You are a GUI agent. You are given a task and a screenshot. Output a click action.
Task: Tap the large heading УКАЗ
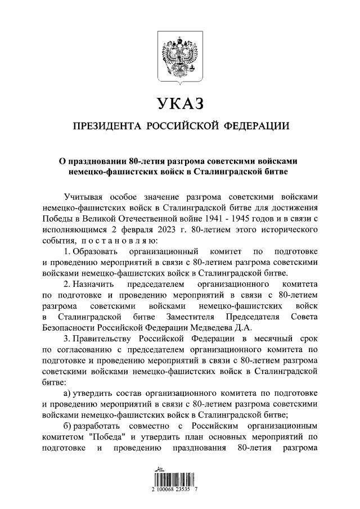click(x=180, y=103)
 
